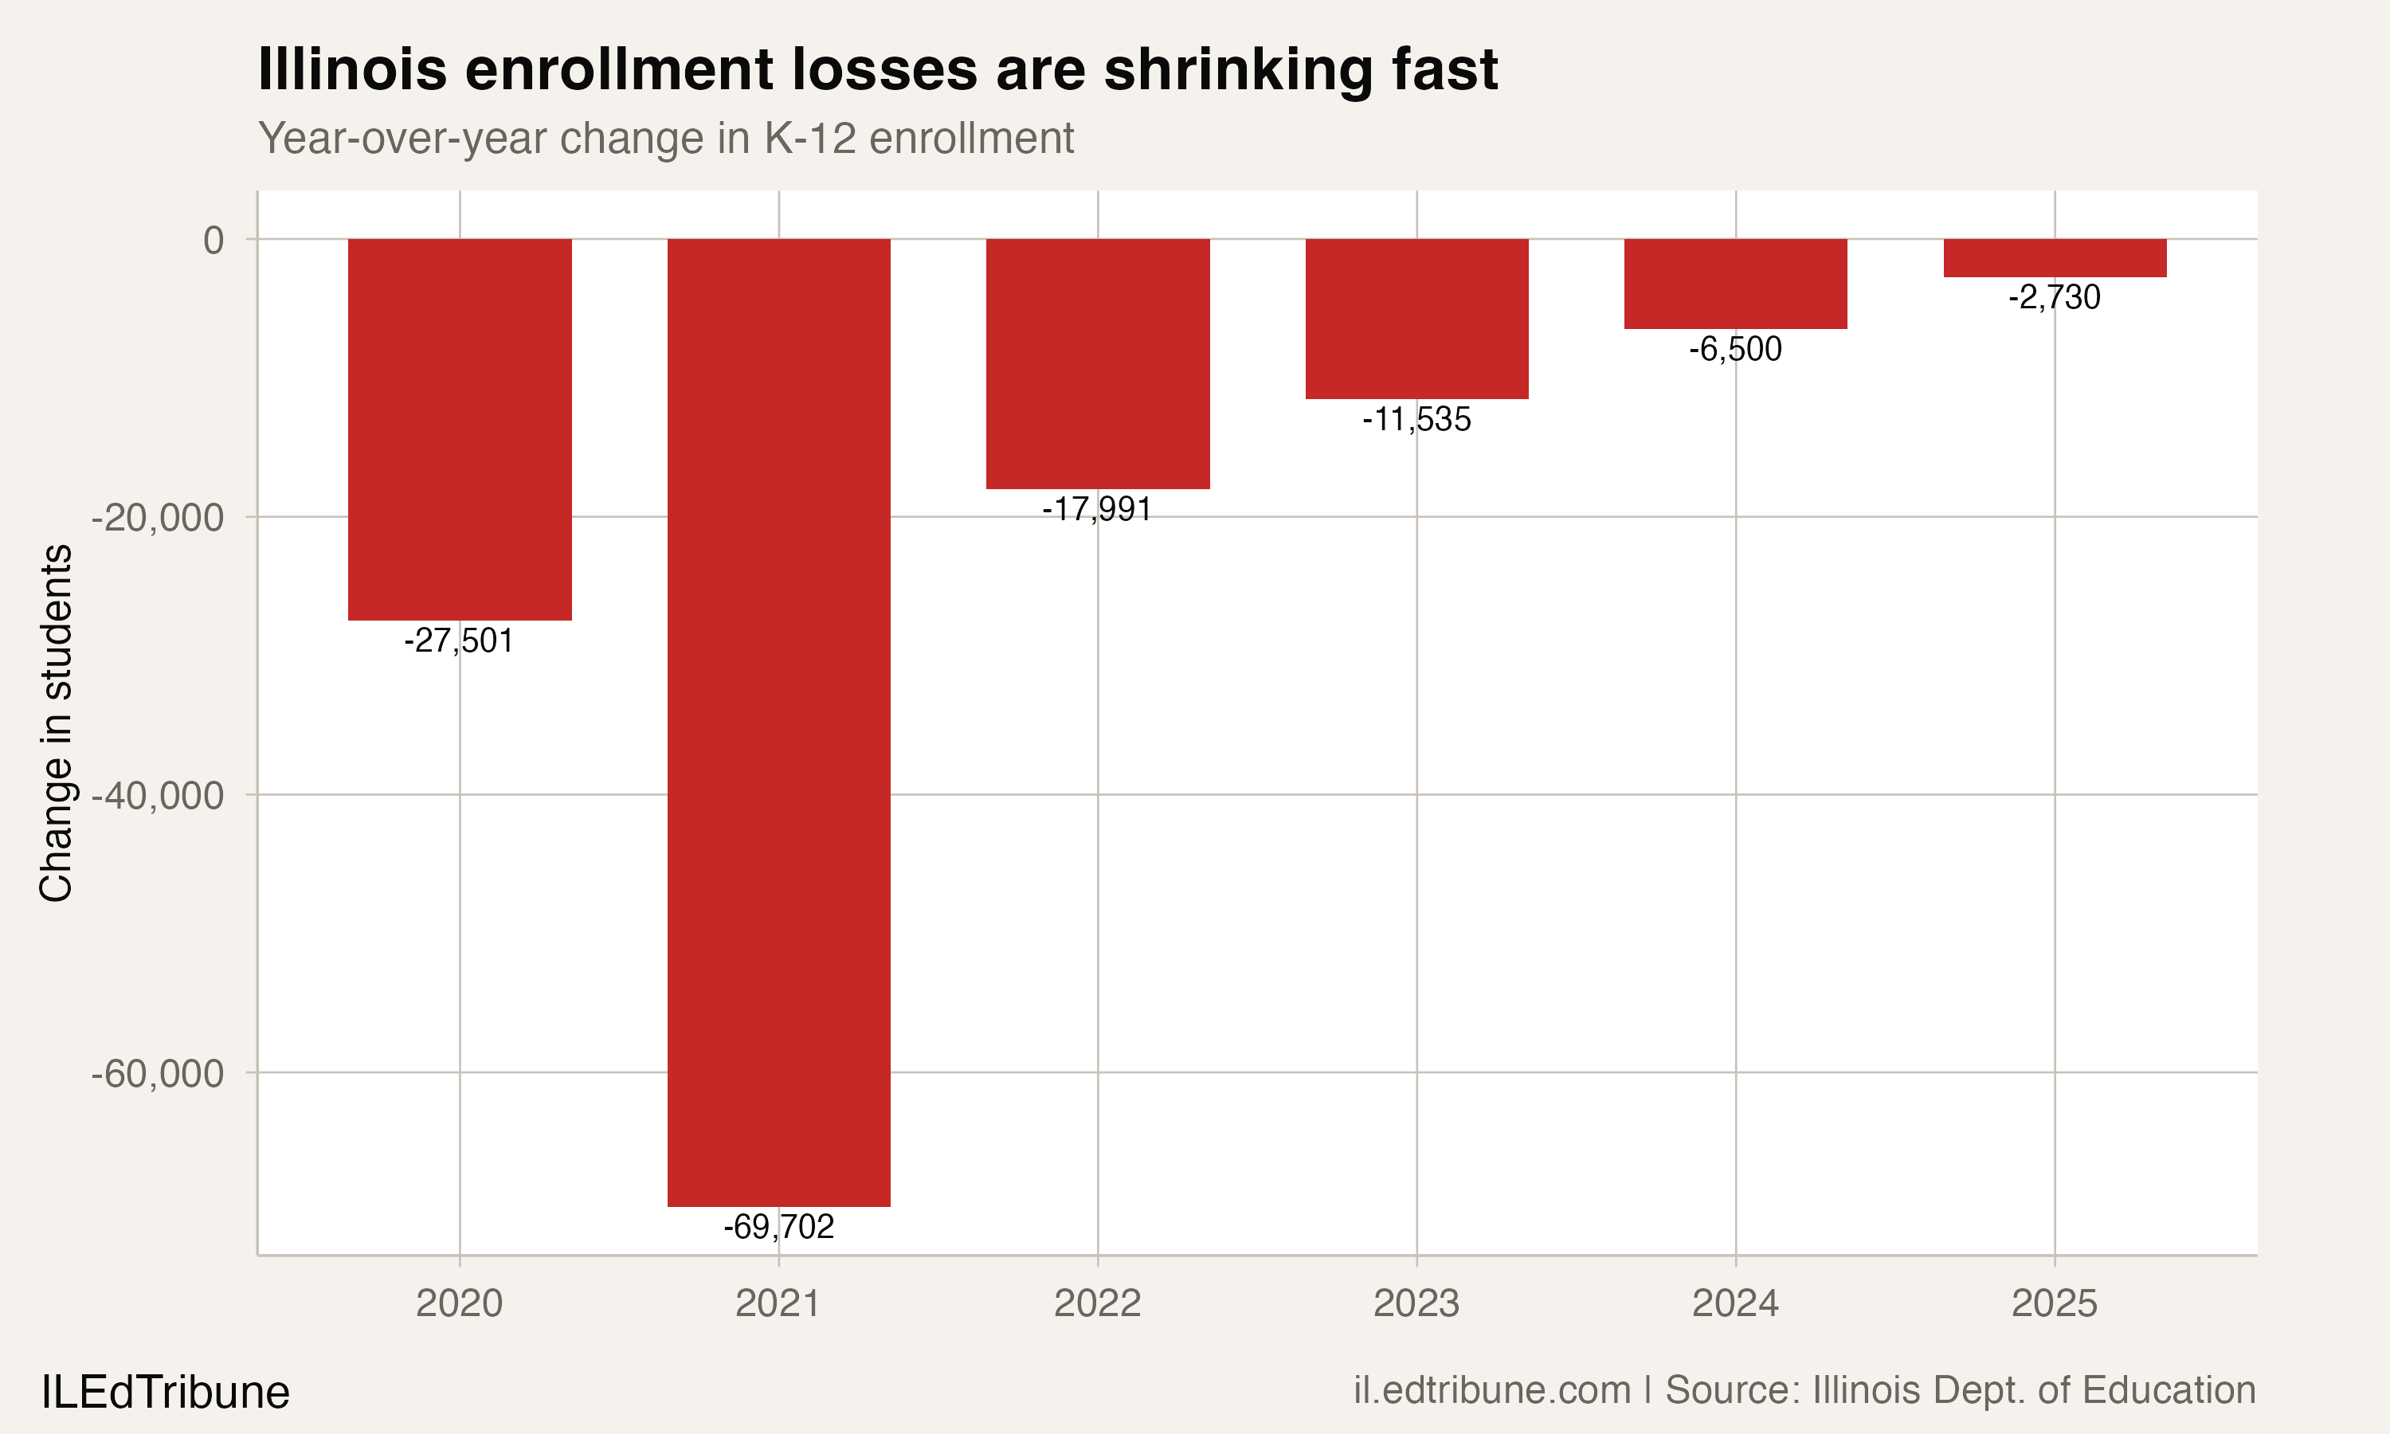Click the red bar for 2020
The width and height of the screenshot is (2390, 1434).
coord(459,429)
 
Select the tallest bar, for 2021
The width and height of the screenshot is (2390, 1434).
coord(778,722)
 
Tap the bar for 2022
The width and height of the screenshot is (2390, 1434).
coord(1098,363)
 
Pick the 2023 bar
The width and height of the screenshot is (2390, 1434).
coord(1416,318)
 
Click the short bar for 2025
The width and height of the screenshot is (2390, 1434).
coord(2055,258)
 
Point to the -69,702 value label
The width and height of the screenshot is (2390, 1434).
coord(778,1227)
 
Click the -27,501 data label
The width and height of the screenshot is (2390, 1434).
coord(459,641)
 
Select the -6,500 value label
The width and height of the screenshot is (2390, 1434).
coord(1735,349)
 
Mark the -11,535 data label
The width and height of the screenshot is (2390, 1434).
coord(1416,419)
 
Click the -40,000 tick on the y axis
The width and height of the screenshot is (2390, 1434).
coord(158,796)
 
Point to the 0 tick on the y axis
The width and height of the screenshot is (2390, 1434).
coord(214,240)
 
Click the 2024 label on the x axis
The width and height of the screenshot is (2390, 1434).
coord(1735,1303)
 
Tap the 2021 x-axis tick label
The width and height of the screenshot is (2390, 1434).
coord(778,1303)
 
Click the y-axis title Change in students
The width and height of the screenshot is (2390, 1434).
coord(56,723)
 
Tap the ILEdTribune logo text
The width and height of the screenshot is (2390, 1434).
coord(165,1393)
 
